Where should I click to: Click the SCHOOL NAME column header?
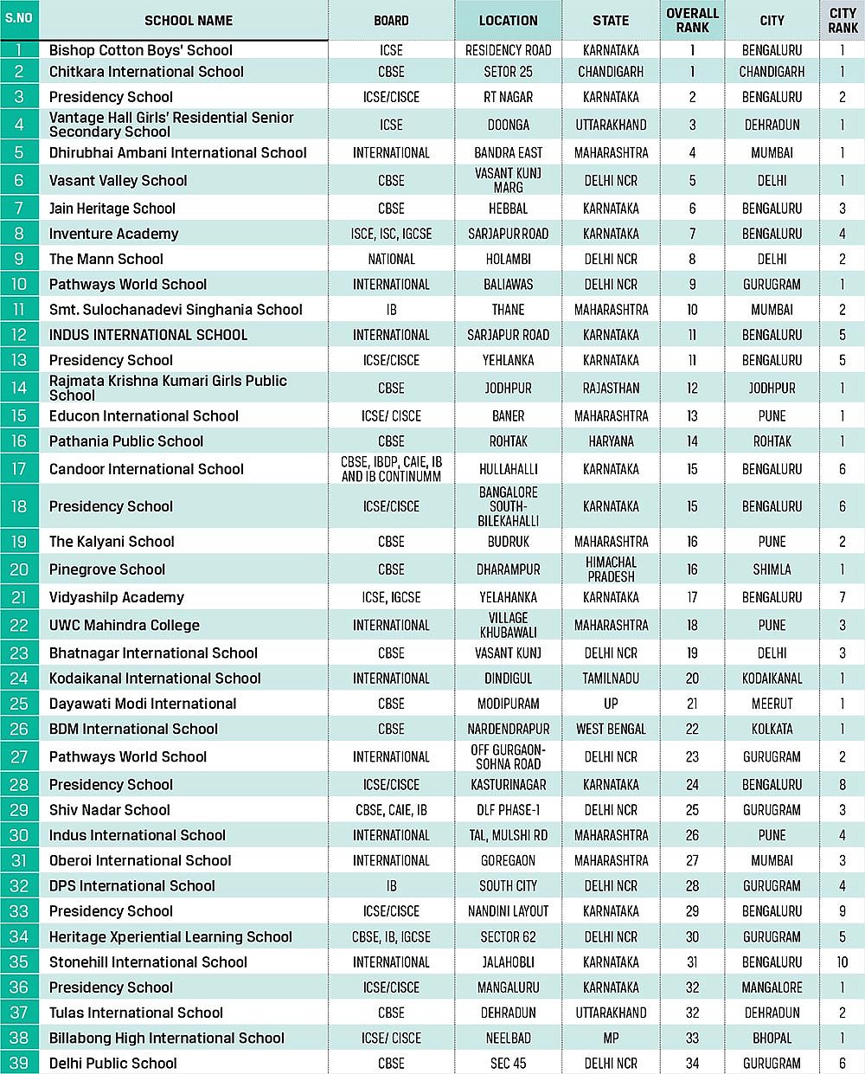click(189, 21)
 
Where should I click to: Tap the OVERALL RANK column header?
click(692, 21)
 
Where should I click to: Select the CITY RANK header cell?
click(843, 21)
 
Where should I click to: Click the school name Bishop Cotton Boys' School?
click(141, 50)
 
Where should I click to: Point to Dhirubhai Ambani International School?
click(178, 153)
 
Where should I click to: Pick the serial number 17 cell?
click(19, 469)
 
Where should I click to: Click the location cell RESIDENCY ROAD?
click(508, 50)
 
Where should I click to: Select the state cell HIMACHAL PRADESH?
click(611, 569)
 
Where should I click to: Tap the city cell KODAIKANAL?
click(772, 678)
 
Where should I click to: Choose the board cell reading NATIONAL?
click(391, 259)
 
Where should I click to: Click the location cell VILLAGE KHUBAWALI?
click(508, 625)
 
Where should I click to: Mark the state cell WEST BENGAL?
click(611, 729)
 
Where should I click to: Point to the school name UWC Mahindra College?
click(125, 625)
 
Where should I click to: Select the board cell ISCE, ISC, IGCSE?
click(391, 234)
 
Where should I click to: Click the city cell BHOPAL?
click(772, 1038)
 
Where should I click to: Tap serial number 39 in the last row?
click(19, 1063)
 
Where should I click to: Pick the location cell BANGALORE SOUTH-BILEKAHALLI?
click(508, 506)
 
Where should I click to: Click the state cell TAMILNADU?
click(611, 678)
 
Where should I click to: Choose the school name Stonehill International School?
click(148, 962)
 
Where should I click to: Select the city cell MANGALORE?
click(772, 987)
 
